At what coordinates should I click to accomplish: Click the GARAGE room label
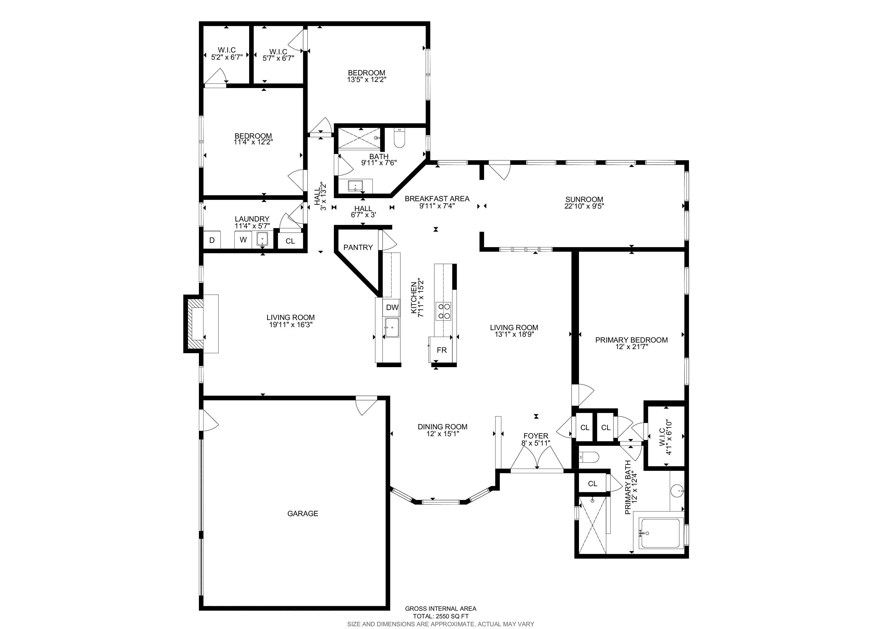point(302,514)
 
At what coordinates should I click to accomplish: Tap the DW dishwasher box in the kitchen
point(392,307)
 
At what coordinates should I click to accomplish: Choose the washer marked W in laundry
point(243,240)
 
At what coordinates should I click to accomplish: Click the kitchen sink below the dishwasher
point(392,328)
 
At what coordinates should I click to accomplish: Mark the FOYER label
point(536,436)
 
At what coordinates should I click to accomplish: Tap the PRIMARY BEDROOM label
point(631,340)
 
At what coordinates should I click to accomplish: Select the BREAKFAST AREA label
point(437,199)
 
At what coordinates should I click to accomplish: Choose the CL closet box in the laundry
point(290,241)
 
